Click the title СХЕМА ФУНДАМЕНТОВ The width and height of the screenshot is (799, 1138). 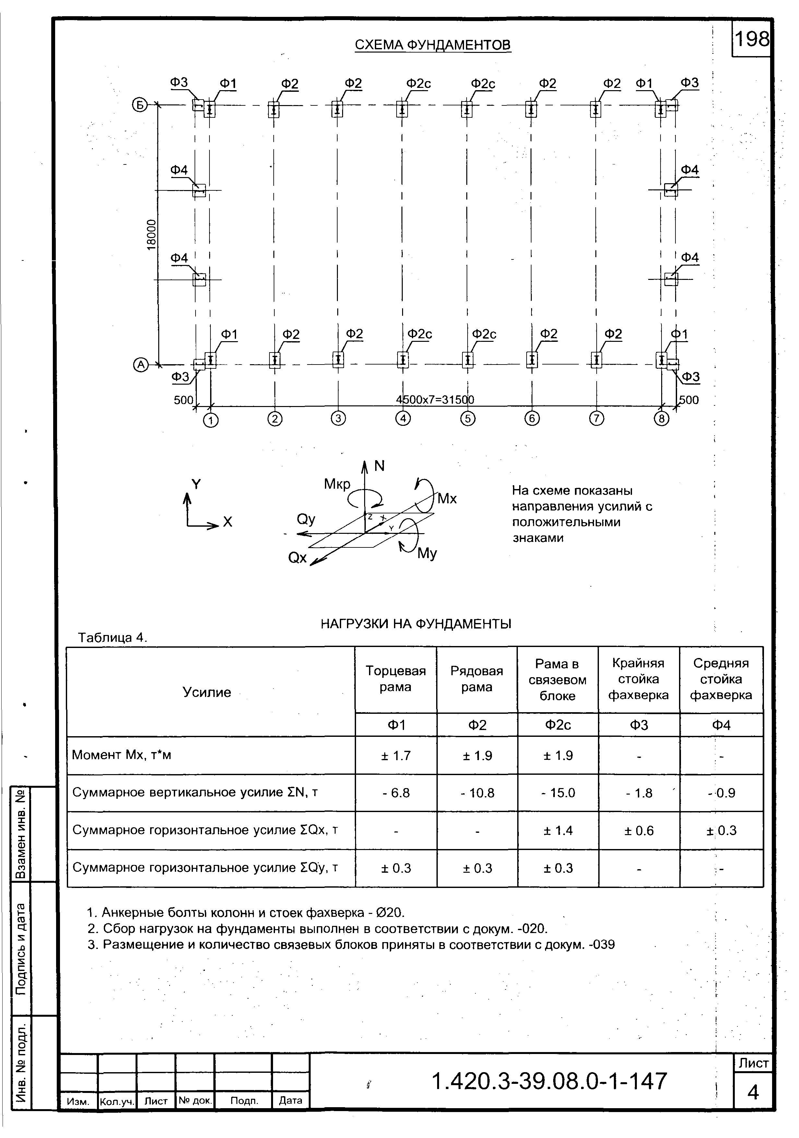tap(432, 45)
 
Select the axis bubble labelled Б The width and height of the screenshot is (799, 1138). tap(140, 105)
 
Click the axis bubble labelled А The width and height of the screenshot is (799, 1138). tap(141, 365)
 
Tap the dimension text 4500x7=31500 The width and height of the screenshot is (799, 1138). tap(435, 400)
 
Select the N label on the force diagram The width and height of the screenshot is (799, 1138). tap(379, 466)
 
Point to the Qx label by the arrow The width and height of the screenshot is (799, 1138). tap(297, 558)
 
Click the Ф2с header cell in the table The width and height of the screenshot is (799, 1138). tap(558, 725)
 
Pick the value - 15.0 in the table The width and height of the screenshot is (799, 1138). tap(558, 793)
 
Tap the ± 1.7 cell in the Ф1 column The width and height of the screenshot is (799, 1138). tap(396, 756)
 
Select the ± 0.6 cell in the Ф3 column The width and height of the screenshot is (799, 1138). tap(638, 831)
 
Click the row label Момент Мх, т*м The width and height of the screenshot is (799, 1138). tap(121, 755)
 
